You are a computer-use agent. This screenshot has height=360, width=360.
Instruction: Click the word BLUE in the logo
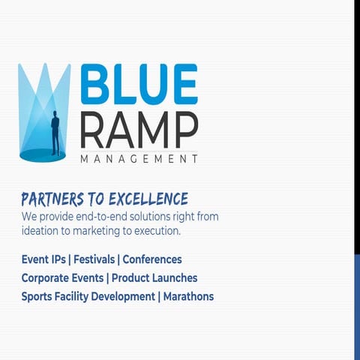[x=139, y=84]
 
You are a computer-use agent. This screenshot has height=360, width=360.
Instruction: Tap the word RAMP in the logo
[x=139, y=130]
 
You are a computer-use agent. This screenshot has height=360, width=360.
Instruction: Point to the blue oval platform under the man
[x=43, y=154]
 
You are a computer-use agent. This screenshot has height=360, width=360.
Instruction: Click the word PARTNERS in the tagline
[x=52, y=199]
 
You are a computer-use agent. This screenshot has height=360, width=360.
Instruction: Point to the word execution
[x=155, y=231]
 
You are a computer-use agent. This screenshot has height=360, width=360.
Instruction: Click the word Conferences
[x=152, y=259]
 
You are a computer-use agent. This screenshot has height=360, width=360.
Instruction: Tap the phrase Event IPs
[x=43, y=259]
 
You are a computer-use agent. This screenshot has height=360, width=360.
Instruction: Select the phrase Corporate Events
[x=62, y=277]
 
